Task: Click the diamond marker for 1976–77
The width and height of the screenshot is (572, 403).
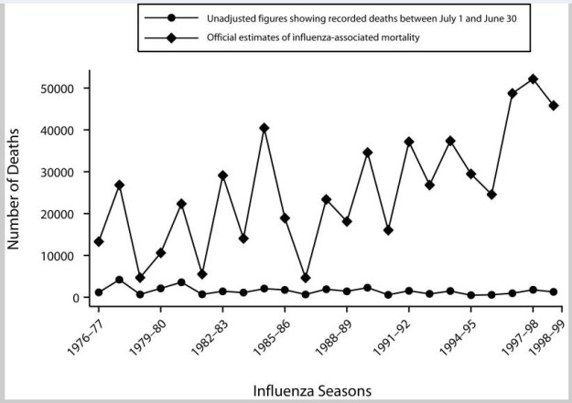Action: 99,242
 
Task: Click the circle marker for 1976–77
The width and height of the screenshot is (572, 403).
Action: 99,292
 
